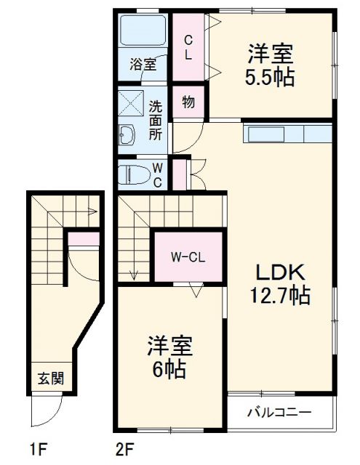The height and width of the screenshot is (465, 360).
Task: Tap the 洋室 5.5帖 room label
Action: click(x=270, y=65)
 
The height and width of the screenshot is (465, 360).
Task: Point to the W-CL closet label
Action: click(x=188, y=257)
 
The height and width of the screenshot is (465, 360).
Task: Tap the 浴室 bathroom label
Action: click(x=143, y=64)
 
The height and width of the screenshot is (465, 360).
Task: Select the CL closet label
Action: click(x=188, y=46)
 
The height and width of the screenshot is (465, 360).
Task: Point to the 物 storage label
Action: click(x=188, y=102)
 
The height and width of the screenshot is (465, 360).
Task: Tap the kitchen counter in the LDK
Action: click(x=287, y=135)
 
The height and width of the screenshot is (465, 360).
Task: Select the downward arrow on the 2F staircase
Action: click(x=133, y=273)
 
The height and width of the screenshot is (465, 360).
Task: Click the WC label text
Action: click(x=157, y=174)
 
